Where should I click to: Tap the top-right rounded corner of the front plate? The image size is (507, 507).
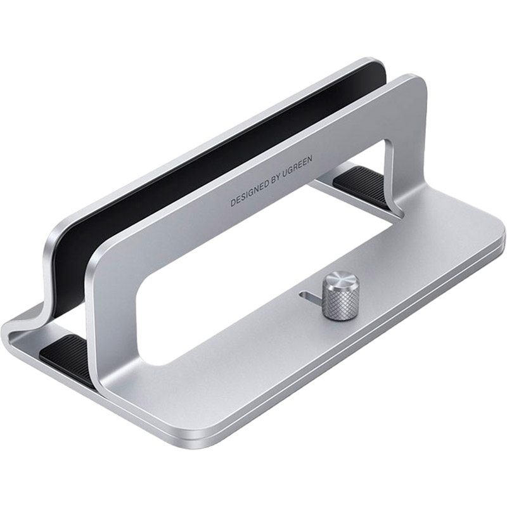coord(415,82)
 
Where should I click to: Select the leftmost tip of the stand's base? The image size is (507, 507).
coord(5,330)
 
